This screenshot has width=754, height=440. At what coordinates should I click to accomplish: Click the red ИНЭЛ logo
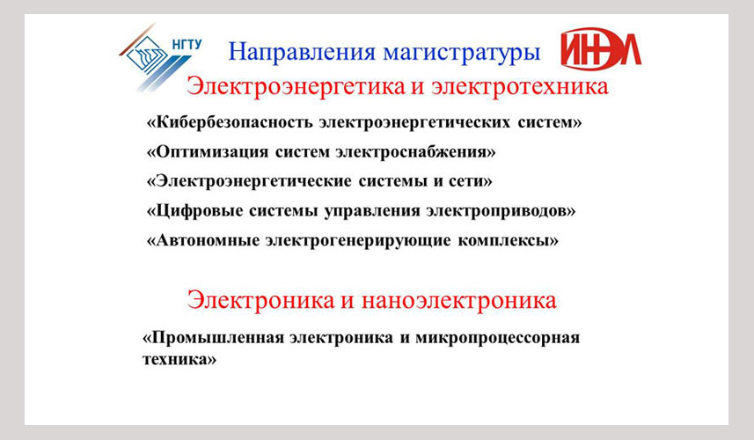(x=601, y=48)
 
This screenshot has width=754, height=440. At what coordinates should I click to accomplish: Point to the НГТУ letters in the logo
(x=187, y=45)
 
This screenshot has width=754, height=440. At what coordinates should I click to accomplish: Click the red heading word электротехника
(x=520, y=86)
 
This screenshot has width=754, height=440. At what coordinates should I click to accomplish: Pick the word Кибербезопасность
(x=234, y=122)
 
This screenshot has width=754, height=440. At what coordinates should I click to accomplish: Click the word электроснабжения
(x=415, y=152)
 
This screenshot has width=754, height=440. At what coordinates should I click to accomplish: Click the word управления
(x=372, y=211)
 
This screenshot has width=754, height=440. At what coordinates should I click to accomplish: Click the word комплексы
(x=508, y=241)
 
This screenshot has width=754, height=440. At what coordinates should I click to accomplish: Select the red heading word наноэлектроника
(x=459, y=300)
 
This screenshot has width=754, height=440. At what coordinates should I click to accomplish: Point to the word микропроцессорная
(x=498, y=339)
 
